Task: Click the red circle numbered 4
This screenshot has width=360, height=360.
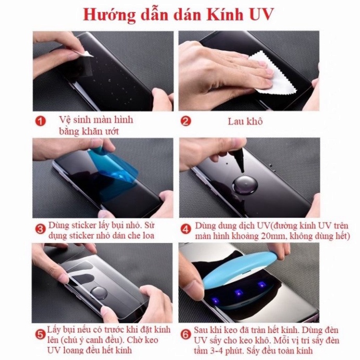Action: pyautogui.click(x=186, y=228)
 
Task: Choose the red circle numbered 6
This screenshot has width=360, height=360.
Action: pyautogui.click(x=186, y=333)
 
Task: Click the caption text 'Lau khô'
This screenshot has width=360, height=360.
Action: pyautogui.click(x=245, y=121)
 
